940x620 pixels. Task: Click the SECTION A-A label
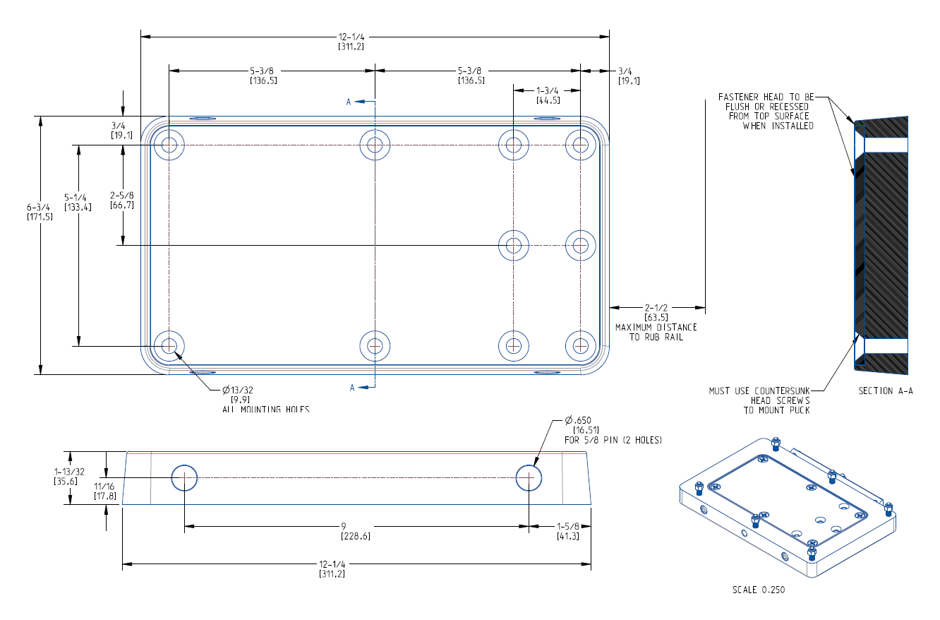(885, 391)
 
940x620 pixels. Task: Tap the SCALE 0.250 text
(757, 590)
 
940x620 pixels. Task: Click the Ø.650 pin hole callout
(582, 422)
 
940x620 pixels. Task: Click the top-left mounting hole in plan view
(169, 145)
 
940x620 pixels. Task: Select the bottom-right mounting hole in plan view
(580, 346)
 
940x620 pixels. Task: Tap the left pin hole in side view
(184, 477)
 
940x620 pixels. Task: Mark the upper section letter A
(349, 102)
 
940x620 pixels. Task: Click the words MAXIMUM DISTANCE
(656, 327)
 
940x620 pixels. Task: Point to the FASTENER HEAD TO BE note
(766, 97)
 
